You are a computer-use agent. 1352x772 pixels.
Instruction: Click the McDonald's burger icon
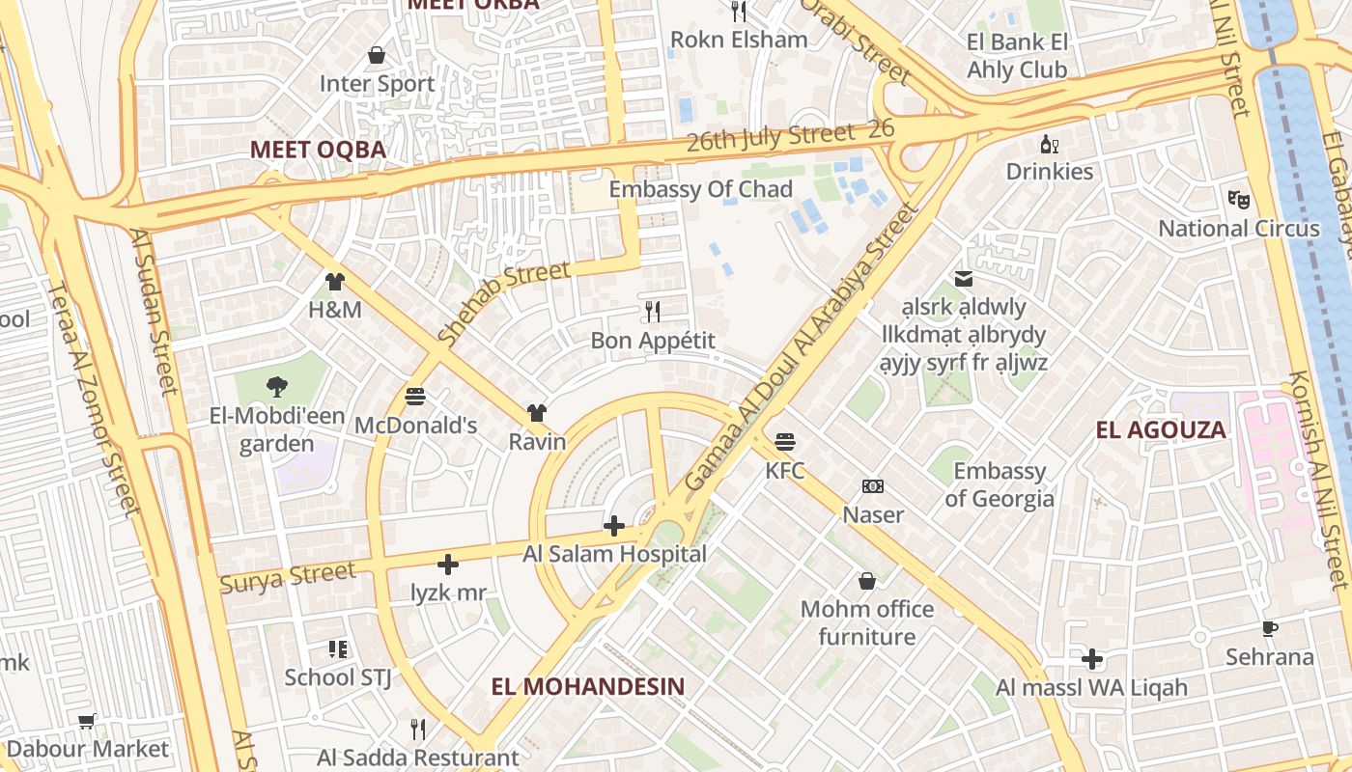tap(416, 397)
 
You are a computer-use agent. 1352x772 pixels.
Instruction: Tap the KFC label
tap(785, 471)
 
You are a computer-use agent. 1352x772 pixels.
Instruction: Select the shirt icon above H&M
tap(335, 282)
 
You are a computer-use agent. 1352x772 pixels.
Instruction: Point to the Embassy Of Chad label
tap(700, 189)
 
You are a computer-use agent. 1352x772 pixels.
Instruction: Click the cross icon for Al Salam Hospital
tap(613, 526)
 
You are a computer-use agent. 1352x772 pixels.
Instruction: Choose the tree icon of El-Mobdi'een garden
tap(277, 387)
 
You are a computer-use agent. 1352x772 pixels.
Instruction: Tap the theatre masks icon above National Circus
tap(1239, 200)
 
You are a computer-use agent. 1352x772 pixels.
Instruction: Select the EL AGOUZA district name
tap(1161, 430)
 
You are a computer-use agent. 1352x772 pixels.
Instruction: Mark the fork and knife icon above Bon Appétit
tap(653, 312)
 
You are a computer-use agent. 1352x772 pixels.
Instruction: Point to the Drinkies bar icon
tap(1050, 144)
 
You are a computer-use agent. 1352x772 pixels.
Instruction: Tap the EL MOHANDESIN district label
tap(588, 687)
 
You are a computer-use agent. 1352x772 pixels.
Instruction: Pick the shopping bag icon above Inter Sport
tap(377, 55)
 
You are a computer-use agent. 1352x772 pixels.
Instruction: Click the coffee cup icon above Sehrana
tap(1270, 629)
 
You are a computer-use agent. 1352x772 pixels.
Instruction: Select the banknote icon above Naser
tap(873, 485)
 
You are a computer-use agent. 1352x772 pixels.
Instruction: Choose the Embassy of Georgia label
tap(1000, 484)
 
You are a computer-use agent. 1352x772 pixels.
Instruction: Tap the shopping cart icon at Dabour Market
tap(87, 721)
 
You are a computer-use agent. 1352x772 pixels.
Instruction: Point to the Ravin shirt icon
tap(537, 413)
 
